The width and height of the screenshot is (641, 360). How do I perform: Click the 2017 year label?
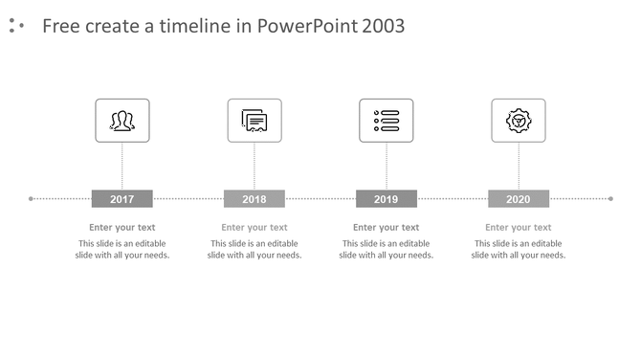[x=122, y=199]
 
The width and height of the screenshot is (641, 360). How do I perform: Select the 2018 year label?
[x=254, y=199]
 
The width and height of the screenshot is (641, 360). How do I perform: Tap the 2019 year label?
[x=386, y=199]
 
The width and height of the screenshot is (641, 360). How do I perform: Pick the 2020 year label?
[x=518, y=199]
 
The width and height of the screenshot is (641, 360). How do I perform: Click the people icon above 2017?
[x=122, y=121]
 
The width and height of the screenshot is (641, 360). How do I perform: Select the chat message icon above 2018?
[x=254, y=121]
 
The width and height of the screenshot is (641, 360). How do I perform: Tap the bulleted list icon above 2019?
[x=386, y=121]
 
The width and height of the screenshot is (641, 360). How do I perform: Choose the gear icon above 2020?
[x=518, y=121]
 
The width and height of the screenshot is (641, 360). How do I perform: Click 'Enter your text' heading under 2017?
[x=122, y=228]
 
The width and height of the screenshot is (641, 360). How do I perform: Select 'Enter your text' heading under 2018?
[x=254, y=228]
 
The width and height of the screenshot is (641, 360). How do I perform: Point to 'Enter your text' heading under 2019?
[x=386, y=228]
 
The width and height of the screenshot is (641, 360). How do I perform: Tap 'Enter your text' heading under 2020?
[x=518, y=228]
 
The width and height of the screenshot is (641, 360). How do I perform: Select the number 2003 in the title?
[x=384, y=26]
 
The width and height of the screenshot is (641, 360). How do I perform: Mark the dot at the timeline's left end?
[x=32, y=199]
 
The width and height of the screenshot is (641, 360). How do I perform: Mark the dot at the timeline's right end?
[x=610, y=199]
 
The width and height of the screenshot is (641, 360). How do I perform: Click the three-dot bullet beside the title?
[x=15, y=26]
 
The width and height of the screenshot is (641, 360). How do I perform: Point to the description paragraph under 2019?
[x=386, y=250]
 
